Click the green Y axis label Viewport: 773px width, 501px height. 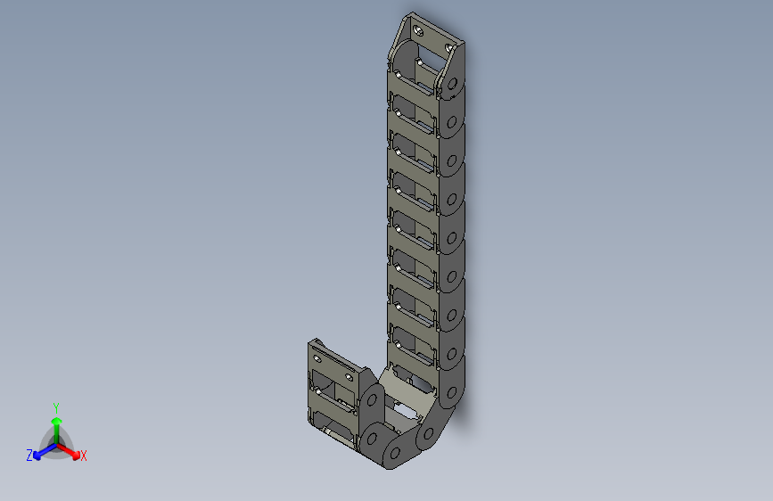55,406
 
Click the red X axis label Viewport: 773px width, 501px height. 84,456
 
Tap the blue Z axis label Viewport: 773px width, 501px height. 29,456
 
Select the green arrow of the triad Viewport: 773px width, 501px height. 55,423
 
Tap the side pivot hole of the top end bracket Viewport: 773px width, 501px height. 452,86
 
